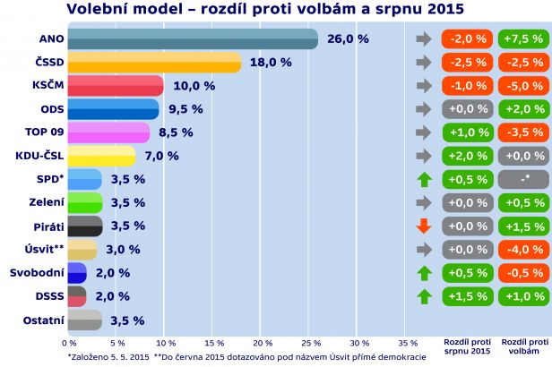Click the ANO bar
pyautogui.click(x=193, y=39)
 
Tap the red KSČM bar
pyautogui.click(x=116, y=86)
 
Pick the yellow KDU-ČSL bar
pyautogui.click(x=101, y=156)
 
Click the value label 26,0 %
pyautogui.click(x=348, y=39)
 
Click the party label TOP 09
pyautogui.click(x=39, y=132)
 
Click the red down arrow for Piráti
pyautogui.click(x=424, y=226)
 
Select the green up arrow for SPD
pyautogui.click(x=424, y=179)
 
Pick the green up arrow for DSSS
pyautogui.click(x=424, y=296)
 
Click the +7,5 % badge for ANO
pyautogui.click(x=522, y=39)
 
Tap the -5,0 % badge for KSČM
pyautogui.click(x=522, y=86)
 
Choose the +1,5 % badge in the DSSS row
pyautogui.click(x=467, y=296)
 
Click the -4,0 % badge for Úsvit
pyautogui.click(x=522, y=249)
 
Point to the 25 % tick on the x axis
pyautogui.click(x=311, y=343)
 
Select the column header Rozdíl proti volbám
pyautogui.click(x=522, y=346)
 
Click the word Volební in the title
pyautogui.click(x=99, y=9)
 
